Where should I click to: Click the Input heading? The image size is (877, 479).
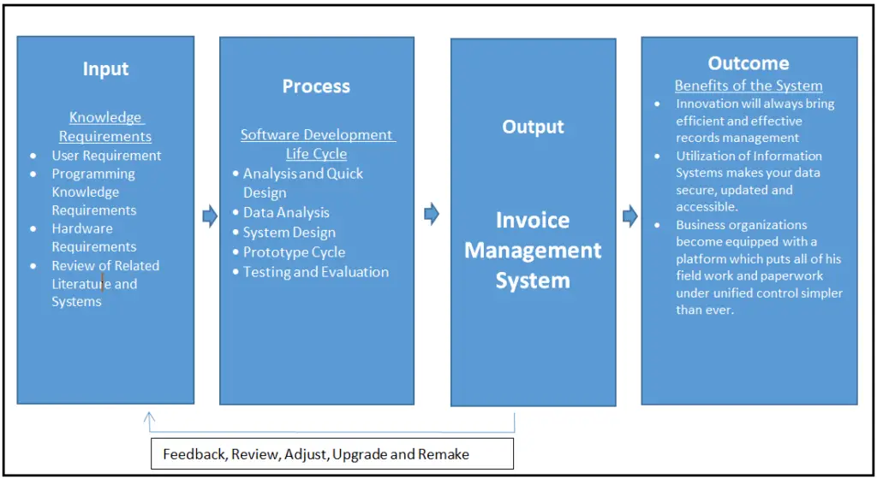pyautogui.click(x=105, y=69)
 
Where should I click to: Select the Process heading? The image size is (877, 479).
pyautogui.click(x=316, y=86)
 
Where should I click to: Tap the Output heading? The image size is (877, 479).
pyautogui.click(x=533, y=127)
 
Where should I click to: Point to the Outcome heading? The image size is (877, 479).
pyautogui.click(x=748, y=63)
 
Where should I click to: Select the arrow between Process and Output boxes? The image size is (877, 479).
pyautogui.click(x=432, y=214)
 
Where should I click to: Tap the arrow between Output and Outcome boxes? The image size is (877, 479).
pyautogui.click(x=629, y=216)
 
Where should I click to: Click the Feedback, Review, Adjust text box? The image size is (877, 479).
pyautogui.click(x=332, y=454)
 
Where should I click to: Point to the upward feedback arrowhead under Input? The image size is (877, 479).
pyautogui.click(x=150, y=418)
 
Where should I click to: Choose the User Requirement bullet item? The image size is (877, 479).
pyautogui.click(x=106, y=156)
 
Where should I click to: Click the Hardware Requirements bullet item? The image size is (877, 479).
pyautogui.click(x=93, y=238)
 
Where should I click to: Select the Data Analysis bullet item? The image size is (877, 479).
pyautogui.click(x=286, y=212)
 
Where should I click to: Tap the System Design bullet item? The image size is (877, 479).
pyautogui.click(x=289, y=232)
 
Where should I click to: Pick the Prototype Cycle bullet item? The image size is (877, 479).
pyautogui.click(x=294, y=252)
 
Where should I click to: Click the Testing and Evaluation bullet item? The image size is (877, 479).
pyautogui.click(x=315, y=272)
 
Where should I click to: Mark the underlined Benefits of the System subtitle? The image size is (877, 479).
pyautogui.click(x=748, y=86)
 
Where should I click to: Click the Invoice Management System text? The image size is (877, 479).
pyautogui.click(x=533, y=250)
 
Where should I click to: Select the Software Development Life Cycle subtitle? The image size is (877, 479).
pyautogui.click(x=317, y=144)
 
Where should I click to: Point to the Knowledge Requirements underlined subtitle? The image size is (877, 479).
pyautogui.click(x=105, y=127)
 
